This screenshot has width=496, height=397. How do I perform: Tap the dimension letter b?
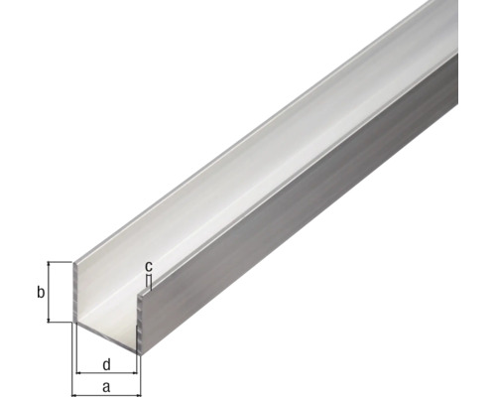(x=39, y=293)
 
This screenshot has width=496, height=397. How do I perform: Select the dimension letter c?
(x=149, y=266)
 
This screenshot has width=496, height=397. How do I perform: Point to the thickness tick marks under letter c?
(x=148, y=281)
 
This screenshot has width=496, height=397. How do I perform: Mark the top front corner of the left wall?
(x=77, y=263)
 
